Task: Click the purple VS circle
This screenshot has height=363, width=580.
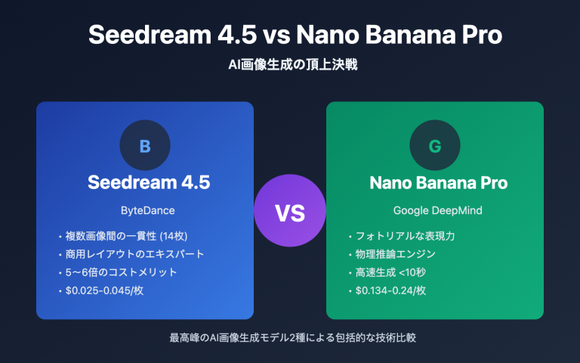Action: pyautogui.click(x=289, y=214)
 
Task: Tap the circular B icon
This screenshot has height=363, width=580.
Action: pyautogui.click(x=145, y=146)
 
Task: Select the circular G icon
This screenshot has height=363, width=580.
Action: pyautogui.click(x=434, y=146)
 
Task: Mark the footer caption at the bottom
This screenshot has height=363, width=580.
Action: pyautogui.click(x=291, y=336)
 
